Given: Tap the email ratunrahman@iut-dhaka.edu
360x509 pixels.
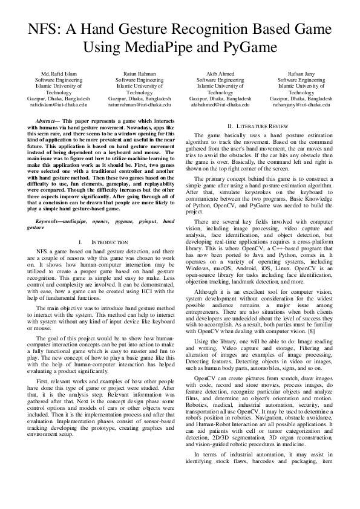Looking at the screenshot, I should tap(139, 104).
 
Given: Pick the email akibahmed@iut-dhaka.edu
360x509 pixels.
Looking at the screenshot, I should tap(220, 104).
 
